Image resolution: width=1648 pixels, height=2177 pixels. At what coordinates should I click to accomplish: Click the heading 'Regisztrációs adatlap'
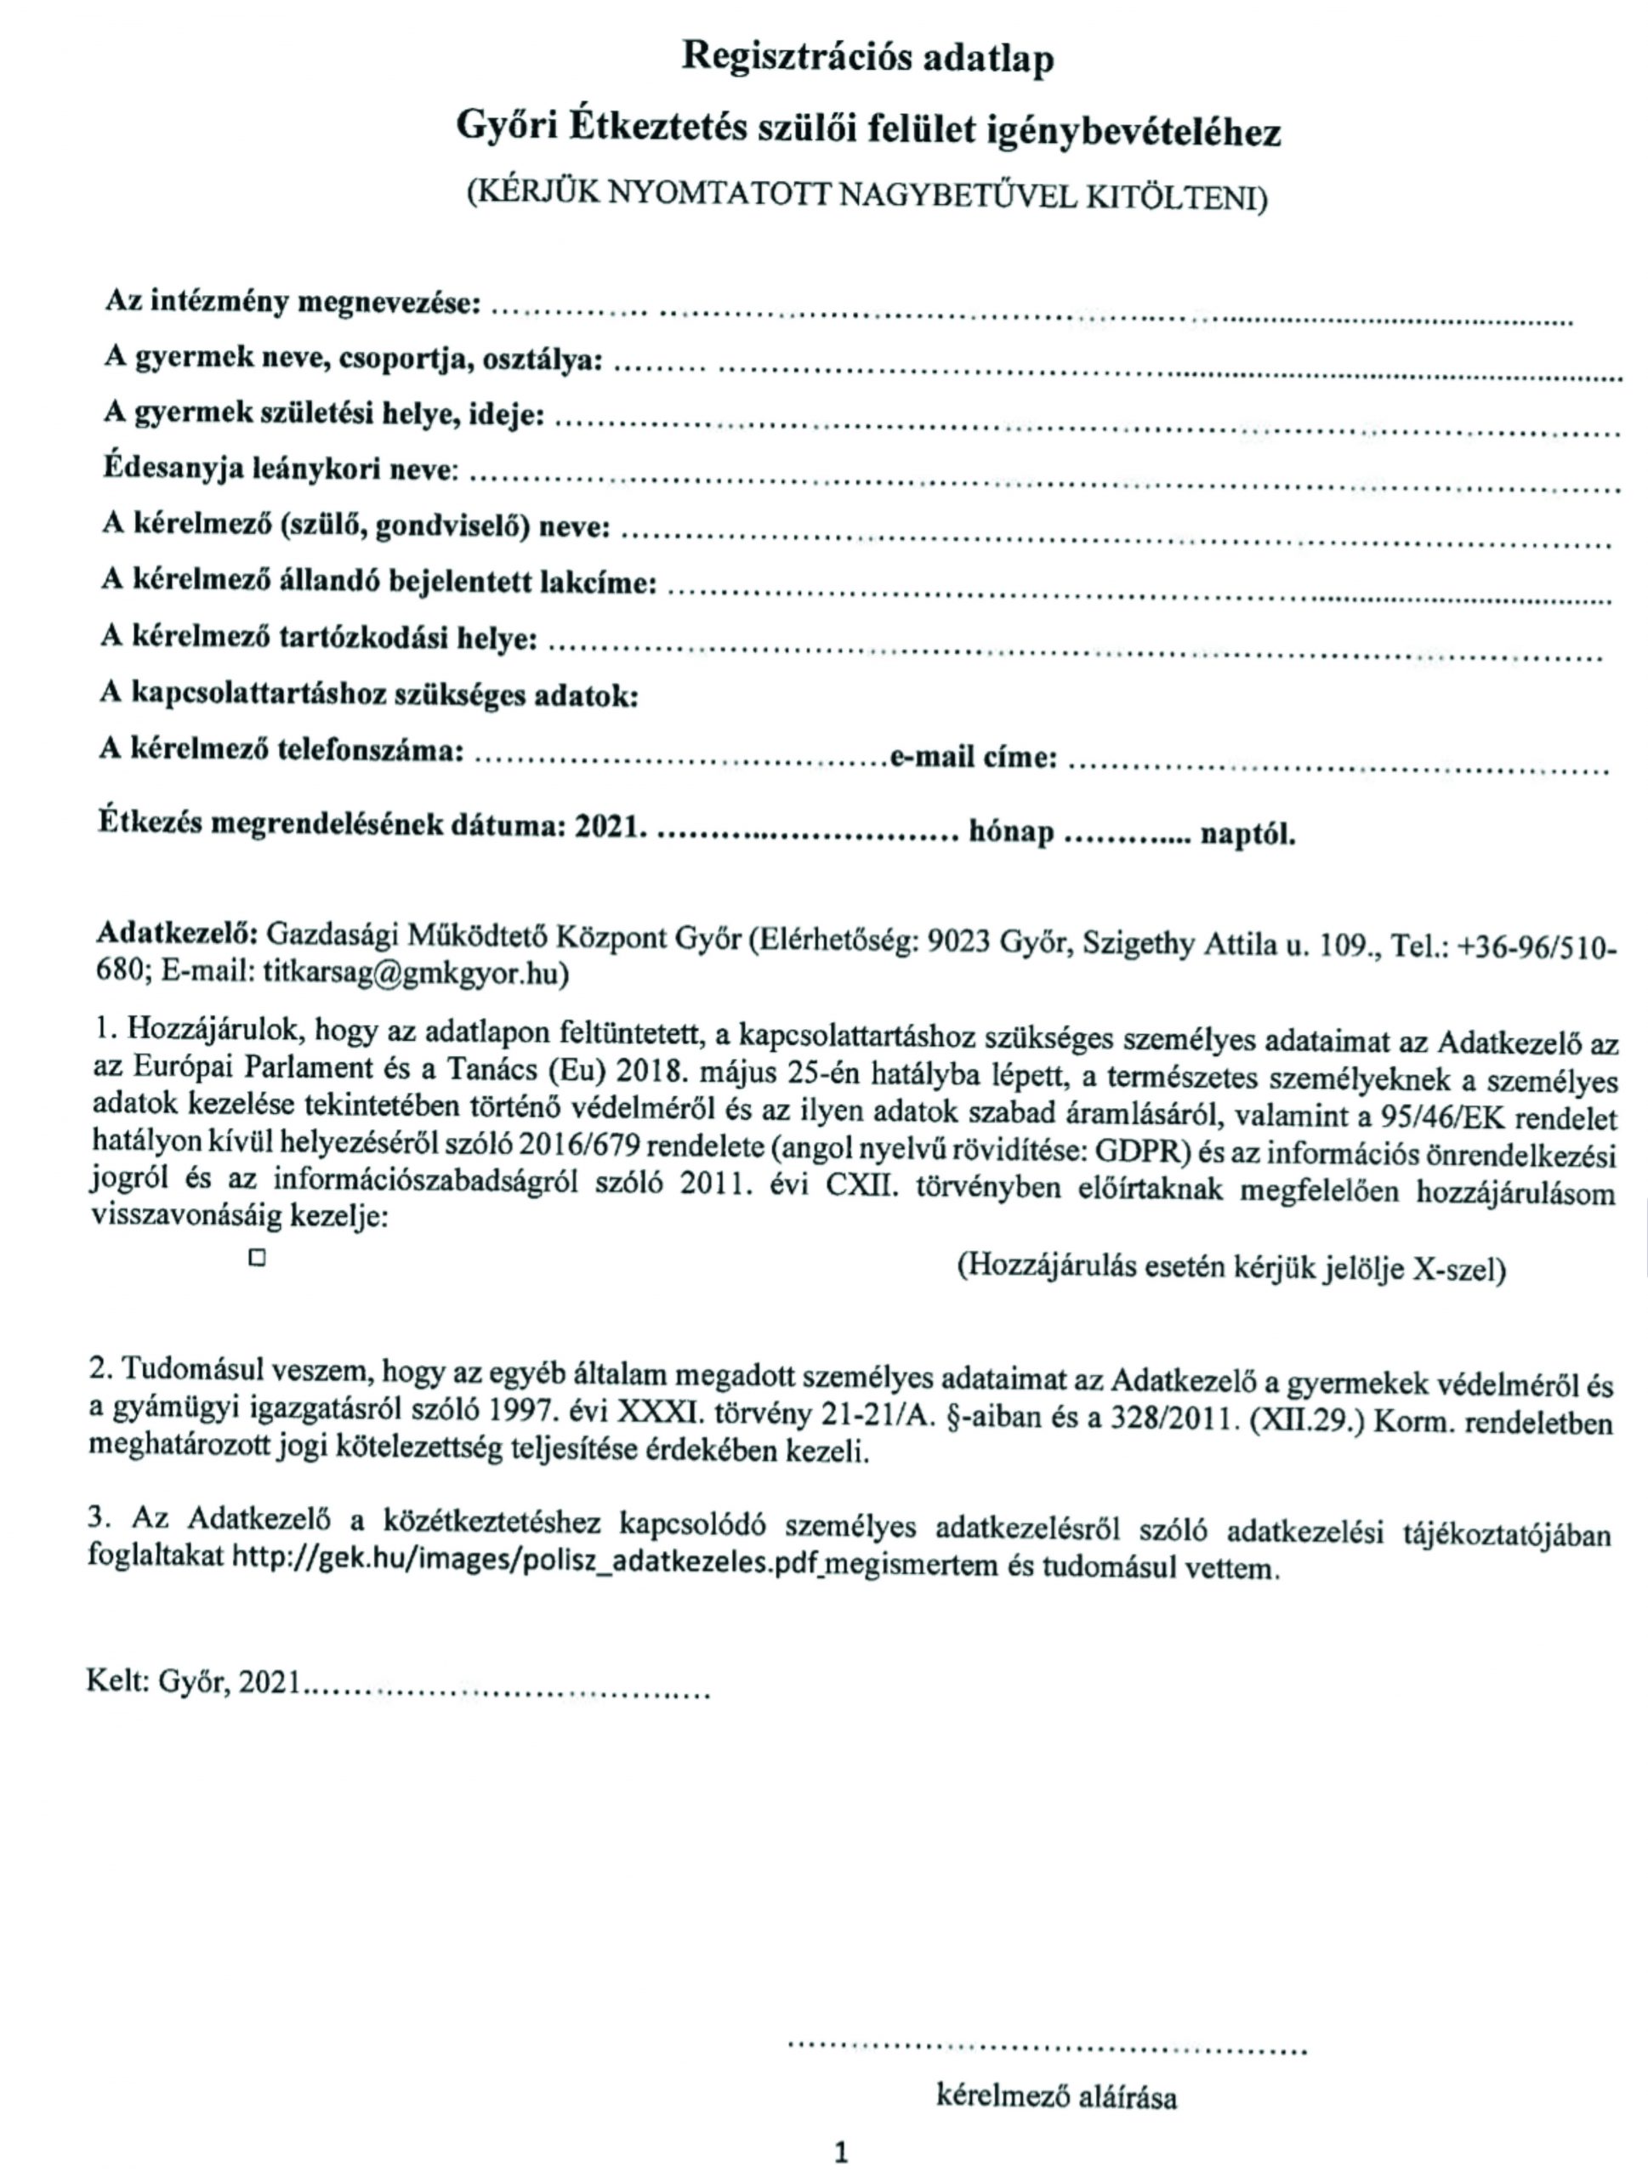(867, 58)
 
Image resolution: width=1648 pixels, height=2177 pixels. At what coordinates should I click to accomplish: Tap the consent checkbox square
(258, 1258)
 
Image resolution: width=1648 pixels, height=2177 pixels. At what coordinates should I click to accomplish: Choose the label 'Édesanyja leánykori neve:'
(281, 469)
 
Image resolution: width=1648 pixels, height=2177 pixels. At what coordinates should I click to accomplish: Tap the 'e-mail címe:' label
(974, 756)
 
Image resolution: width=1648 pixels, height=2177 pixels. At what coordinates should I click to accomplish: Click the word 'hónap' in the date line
(1011, 832)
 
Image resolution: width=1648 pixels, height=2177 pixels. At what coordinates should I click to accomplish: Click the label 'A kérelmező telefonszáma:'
(281, 750)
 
